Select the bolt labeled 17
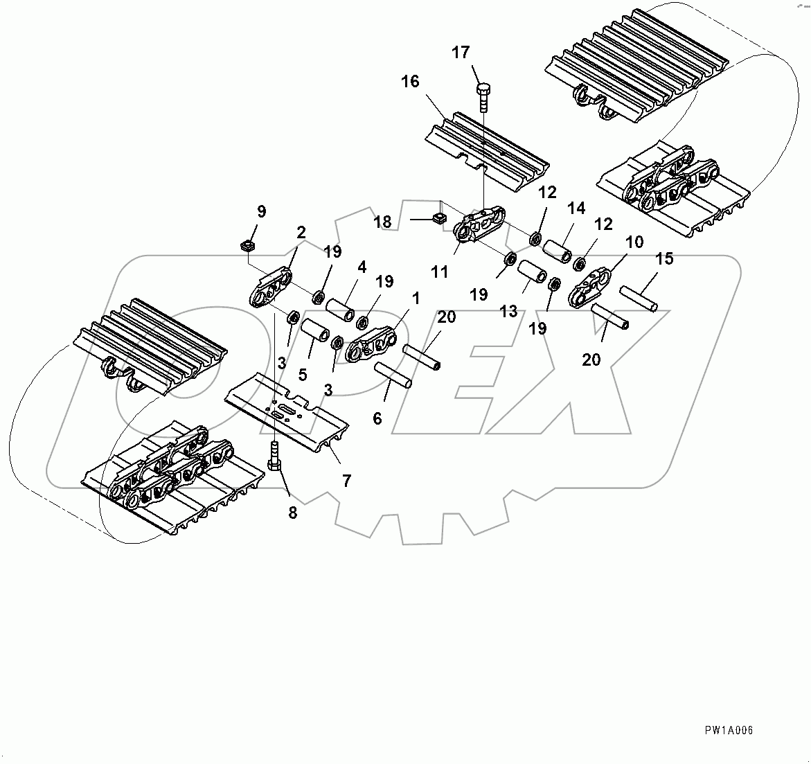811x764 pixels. click(483, 97)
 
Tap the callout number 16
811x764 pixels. click(410, 82)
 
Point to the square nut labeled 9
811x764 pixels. click(247, 245)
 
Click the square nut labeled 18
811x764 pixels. click(437, 218)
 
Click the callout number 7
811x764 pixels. click(346, 479)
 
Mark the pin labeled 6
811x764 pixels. click(393, 374)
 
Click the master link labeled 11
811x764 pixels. click(480, 224)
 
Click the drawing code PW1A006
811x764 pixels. click(729, 730)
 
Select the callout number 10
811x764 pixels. click(634, 242)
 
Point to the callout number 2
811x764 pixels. click(301, 233)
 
